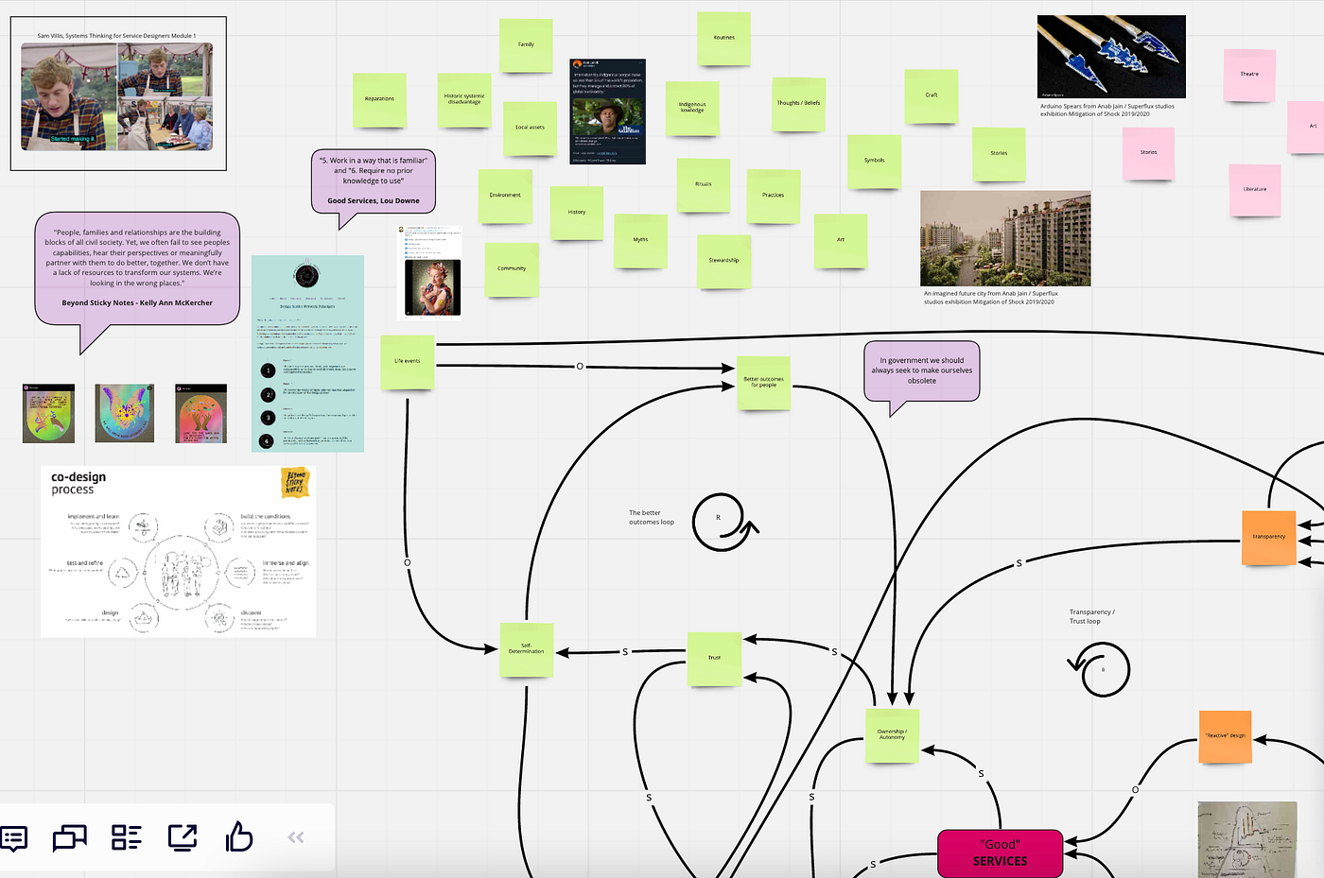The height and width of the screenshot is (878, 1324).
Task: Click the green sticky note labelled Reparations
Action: pyautogui.click(x=379, y=99)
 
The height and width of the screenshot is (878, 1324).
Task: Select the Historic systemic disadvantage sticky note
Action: pyautogui.click(x=464, y=99)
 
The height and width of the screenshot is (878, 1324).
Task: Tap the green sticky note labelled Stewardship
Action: pyautogui.click(x=723, y=261)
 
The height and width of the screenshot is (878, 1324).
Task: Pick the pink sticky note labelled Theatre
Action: pyautogui.click(x=1249, y=75)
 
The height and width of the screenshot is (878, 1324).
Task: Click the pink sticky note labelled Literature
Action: pyautogui.click(x=1255, y=190)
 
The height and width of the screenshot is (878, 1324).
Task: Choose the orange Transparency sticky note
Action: pyautogui.click(x=1268, y=537)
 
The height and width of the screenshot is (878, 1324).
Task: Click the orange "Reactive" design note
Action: pyautogui.click(x=1225, y=736)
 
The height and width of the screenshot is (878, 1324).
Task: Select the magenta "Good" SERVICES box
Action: pyautogui.click(x=1000, y=852)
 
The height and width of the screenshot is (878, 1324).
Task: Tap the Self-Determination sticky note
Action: pyautogui.click(x=526, y=649)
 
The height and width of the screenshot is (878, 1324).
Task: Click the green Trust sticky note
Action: pyautogui.click(x=714, y=657)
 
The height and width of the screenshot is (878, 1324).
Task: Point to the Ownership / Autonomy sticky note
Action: pyautogui.click(x=892, y=734)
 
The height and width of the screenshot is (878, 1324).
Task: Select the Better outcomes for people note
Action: pyautogui.click(x=763, y=383)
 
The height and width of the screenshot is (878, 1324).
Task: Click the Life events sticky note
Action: pyautogui.click(x=408, y=362)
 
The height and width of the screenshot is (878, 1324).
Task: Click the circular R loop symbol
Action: pyautogui.click(x=721, y=520)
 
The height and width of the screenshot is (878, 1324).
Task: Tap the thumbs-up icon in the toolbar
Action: pyautogui.click(x=239, y=837)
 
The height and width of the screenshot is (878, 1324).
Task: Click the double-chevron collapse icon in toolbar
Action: pyautogui.click(x=296, y=837)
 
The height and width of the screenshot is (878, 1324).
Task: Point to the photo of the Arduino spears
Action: pyautogui.click(x=1110, y=56)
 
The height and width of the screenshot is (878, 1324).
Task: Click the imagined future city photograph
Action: pyautogui.click(x=1004, y=238)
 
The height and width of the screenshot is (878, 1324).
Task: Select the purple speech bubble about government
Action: pyautogui.click(x=921, y=371)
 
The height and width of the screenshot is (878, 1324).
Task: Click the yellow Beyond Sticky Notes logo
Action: pyautogui.click(x=296, y=483)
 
